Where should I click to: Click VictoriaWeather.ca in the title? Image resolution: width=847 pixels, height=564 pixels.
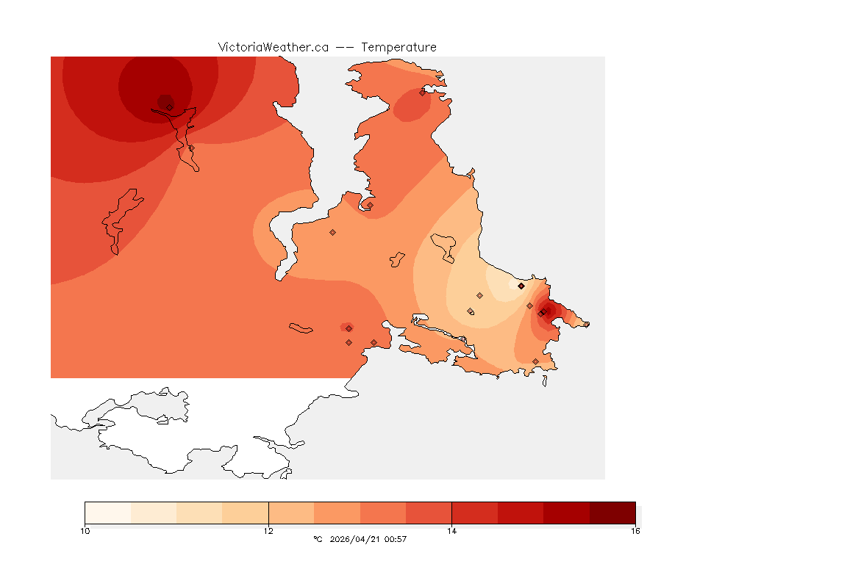click(273, 47)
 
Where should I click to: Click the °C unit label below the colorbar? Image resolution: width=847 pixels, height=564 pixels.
click(318, 539)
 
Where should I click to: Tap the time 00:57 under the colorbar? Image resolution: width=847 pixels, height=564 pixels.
click(396, 539)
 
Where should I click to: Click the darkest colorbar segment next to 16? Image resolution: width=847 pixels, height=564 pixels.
click(612, 513)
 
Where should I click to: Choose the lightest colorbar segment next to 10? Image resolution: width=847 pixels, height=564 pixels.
click(108, 513)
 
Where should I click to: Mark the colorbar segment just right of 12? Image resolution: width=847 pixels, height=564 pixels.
click(291, 513)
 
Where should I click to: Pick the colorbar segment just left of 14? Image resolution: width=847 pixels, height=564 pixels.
click(429, 513)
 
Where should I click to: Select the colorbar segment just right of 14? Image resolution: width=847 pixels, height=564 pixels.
click(474, 513)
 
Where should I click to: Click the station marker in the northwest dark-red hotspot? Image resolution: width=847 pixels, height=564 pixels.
click(170, 107)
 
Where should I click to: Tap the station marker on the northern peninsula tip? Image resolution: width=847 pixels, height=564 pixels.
click(423, 93)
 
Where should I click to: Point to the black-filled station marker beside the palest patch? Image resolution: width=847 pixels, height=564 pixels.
click(521, 286)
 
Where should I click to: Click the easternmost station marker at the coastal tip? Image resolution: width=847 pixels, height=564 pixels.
click(586, 324)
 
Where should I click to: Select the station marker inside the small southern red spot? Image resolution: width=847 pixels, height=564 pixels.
click(349, 328)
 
